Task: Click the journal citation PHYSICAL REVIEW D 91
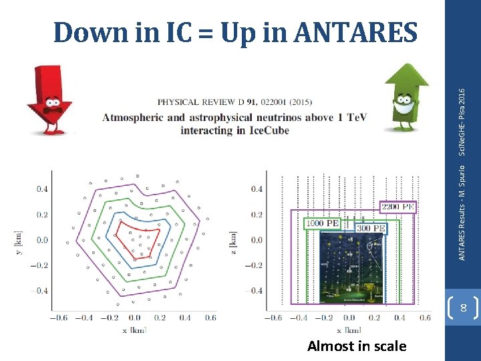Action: click(234, 102)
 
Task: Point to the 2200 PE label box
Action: click(398, 207)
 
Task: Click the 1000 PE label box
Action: click(323, 222)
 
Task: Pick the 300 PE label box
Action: click(370, 228)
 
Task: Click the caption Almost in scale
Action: click(356, 346)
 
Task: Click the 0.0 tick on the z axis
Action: click(257, 240)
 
